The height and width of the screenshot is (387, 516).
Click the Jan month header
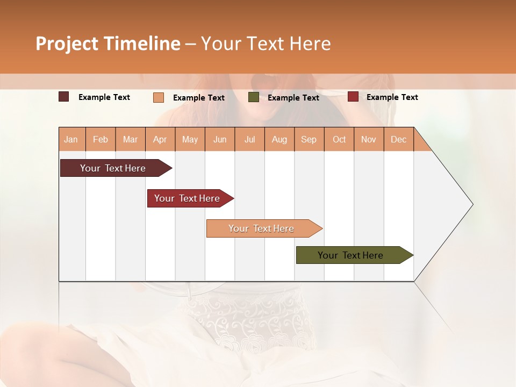(71, 139)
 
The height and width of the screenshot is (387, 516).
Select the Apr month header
(160, 139)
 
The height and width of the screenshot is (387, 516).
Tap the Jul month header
(249, 139)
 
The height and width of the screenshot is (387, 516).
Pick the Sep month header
(309, 139)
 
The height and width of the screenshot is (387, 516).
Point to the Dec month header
(398, 139)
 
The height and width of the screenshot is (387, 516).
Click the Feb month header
(101, 139)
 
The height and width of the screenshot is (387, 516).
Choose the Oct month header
(339, 139)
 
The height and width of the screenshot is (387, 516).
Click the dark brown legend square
(64, 97)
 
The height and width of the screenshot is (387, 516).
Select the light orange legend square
(159, 97)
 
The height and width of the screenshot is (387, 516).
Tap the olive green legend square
(254, 97)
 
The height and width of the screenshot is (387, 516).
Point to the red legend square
(353, 97)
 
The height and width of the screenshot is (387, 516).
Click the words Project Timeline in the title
(107, 44)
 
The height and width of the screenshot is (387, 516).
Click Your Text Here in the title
(266, 44)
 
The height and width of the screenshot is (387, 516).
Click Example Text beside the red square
(392, 97)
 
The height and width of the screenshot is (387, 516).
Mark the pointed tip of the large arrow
(472, 204)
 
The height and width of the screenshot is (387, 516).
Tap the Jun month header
(220, 139)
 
